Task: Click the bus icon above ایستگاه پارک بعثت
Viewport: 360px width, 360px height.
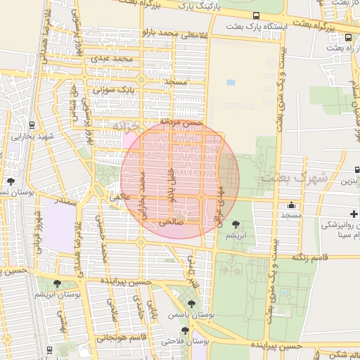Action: (256, 15)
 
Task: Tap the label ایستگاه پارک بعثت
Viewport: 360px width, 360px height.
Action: (256, 27)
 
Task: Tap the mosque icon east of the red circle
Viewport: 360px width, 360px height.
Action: (291, 206)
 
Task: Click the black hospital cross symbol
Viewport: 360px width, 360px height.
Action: (353, 213)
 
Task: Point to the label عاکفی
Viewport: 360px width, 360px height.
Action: (120, 198)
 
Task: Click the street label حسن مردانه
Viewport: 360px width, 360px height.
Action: (181, 122)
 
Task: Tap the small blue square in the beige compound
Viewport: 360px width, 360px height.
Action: (231, 83)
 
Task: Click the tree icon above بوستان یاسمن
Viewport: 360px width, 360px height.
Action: (191, 304)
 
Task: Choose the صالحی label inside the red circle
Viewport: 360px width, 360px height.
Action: (171, 220)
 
